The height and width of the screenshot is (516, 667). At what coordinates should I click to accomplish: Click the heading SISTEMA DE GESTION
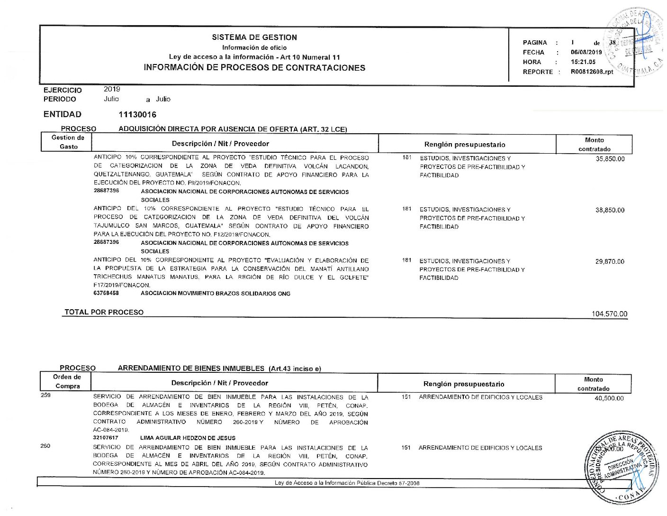(x=254, y=37)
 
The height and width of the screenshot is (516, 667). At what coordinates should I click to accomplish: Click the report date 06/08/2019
(x=586, y=52)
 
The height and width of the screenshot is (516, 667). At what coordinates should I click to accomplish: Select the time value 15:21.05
(x=583, y=62)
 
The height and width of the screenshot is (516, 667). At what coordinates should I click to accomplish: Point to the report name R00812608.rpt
(x=592, y=72)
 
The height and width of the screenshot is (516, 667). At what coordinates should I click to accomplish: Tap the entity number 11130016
(x=137, y=114)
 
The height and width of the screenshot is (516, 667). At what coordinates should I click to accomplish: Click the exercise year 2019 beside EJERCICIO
(x=112, y=89)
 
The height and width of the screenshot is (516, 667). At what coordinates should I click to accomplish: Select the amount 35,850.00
(x=610, y=159)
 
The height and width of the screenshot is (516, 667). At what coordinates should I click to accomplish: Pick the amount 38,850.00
(x=610, y=210)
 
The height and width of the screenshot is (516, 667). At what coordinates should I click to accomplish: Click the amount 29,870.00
(x=610, y=261)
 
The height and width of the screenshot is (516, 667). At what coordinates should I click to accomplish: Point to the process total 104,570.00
(x=609, y=314)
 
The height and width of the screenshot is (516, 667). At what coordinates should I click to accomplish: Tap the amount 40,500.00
(x=609, y=398)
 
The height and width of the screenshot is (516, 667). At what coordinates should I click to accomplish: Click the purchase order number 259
(x=45, y=395)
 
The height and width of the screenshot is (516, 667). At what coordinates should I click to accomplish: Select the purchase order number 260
(x=45, y=446)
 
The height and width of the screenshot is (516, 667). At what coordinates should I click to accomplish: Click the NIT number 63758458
(x=106, y=293)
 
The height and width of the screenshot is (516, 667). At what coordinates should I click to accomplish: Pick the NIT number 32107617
(x=106, y=438)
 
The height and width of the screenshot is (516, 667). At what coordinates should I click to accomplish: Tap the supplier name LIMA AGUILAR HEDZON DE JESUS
(x=188, y=438)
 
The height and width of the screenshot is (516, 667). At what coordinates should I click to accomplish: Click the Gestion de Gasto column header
(x=68, y=142)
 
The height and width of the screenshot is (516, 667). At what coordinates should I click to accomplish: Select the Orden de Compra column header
(x=67, y=381)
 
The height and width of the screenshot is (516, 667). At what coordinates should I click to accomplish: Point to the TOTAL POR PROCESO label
(x=104, y=312)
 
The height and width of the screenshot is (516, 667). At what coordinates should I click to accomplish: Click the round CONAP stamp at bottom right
(x=621, y=467)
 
